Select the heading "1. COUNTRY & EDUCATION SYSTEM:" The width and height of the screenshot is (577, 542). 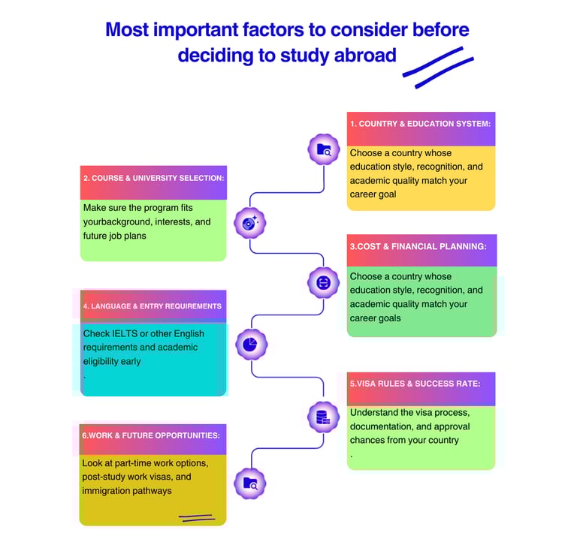pos(421,124)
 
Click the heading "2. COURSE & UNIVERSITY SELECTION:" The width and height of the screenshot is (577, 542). pos(153,178)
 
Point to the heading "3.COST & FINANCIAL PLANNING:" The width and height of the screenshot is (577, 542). pos(418,246)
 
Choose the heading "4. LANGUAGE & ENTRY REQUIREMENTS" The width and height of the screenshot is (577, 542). pos(152,306)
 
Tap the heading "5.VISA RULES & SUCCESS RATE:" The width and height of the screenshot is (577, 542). pos(415,384)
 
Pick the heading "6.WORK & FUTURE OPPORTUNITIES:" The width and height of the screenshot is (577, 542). pos(150,435)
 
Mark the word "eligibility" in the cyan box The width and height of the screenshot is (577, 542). pos(102,361)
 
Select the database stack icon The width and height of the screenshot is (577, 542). pos(323,417)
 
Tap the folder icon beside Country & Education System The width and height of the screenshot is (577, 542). pos(324,149)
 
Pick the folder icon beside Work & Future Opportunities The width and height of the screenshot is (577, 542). pos(250,484)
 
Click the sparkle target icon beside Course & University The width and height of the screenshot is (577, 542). pos(250,222)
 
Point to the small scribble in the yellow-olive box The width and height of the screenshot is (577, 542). pos(195,517)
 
